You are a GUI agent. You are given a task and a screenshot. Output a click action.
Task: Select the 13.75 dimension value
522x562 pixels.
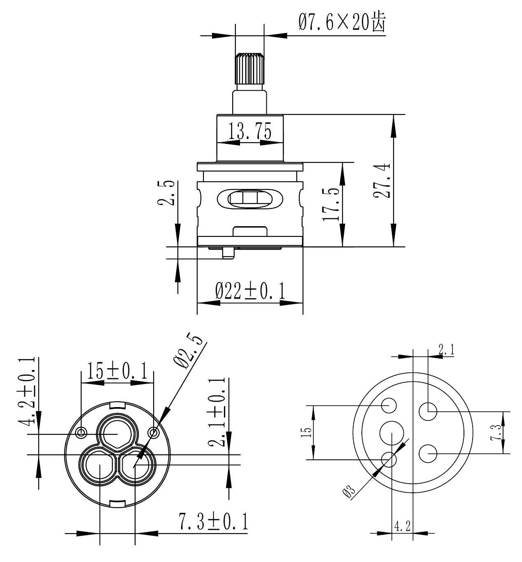click(250, 132)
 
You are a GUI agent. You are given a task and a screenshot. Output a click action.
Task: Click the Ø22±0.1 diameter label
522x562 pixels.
click(250, 291)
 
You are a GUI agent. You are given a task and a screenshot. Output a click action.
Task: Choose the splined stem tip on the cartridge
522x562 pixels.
click(249, 68)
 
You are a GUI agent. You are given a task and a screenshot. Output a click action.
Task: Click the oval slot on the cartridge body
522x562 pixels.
click(250, 199)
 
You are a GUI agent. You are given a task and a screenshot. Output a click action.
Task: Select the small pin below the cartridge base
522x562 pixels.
click(228, 253)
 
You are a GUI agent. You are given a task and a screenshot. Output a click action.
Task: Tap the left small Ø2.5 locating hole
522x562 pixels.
click(82, 432)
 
